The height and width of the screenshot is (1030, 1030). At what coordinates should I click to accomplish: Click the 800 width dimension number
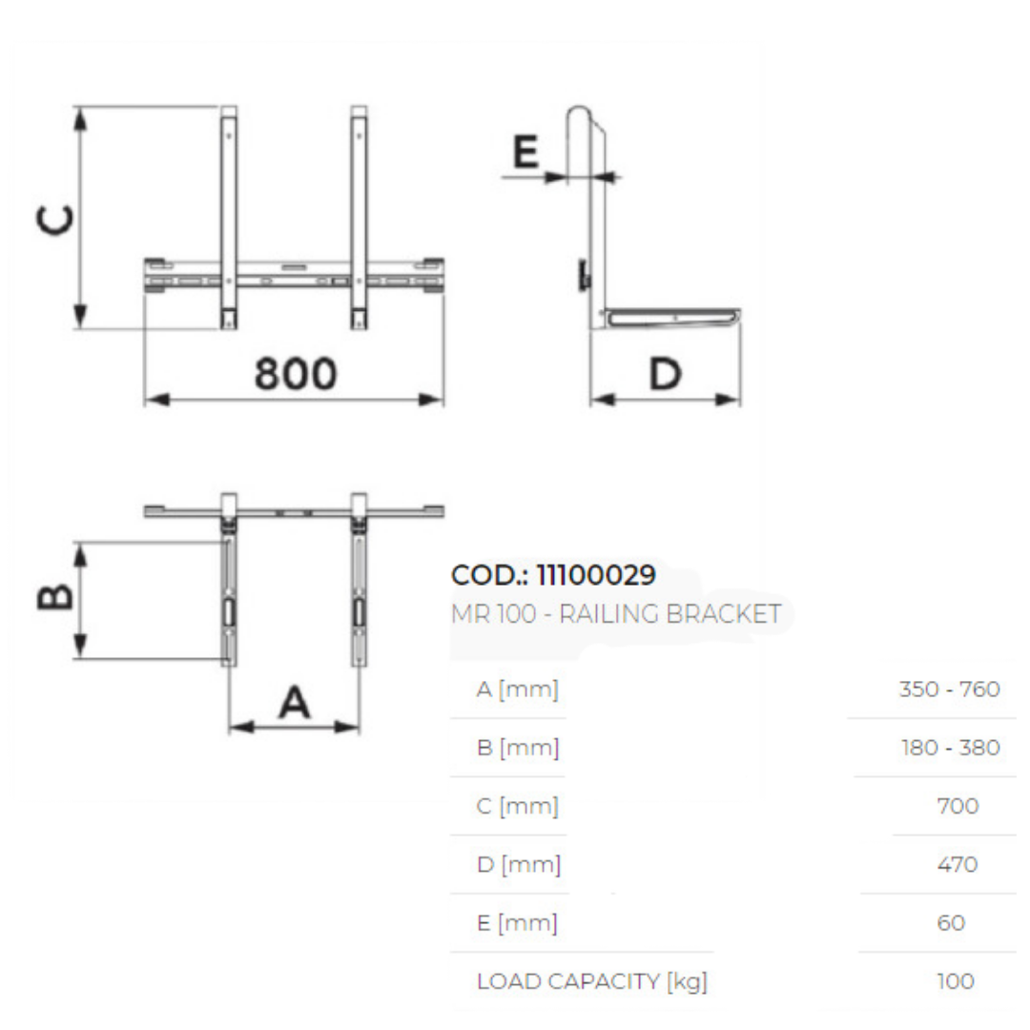pyautogui.click(x=295, y=374)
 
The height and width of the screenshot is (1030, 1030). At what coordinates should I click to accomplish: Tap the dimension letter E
pyautogui.click(x=525, y=153)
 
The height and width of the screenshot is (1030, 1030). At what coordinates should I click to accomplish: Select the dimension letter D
pyautogui.click(x=665, y=374)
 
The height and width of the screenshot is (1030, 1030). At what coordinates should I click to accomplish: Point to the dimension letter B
pyautogui.click(x=55, y=598)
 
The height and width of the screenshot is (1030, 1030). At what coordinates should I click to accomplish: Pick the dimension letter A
pyautogui.click(x=294, y=704)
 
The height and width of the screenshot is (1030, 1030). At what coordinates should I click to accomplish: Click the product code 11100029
pyautogui.click(x=596, y=575)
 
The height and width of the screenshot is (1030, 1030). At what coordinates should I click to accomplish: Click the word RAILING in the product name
pyautogui.click(x=608, y=614)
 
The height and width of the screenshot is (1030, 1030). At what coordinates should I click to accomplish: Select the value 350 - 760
pyautogui.click(x=949, y=689)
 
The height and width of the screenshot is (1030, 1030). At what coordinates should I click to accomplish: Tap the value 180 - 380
pyautogui.click(x=950, y=748)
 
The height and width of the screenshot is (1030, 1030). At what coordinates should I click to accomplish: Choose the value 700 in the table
pyautogui.click(x=958, y=806)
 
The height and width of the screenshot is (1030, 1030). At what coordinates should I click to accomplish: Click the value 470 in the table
pyautogui.click(x=958, y=864)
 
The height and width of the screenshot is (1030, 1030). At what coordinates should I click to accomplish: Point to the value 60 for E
pyautogui.click(x=952, y=923)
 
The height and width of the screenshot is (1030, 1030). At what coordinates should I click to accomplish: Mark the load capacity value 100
pyautogui.click(x=956, y=981)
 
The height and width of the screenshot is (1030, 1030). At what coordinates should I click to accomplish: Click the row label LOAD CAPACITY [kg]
pyautogui.click(x=591, y=981)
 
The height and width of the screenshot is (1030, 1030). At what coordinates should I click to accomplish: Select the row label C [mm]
pyautogui.click(x=517, y=806)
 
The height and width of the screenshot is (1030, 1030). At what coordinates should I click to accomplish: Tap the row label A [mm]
pyautogui.click(x=517, y=689)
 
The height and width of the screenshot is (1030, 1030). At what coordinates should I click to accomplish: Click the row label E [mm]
pyautogui.click(x=516, y=923)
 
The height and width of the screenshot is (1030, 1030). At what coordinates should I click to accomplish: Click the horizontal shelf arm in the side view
pyautogui.click(x=672, y=316)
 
